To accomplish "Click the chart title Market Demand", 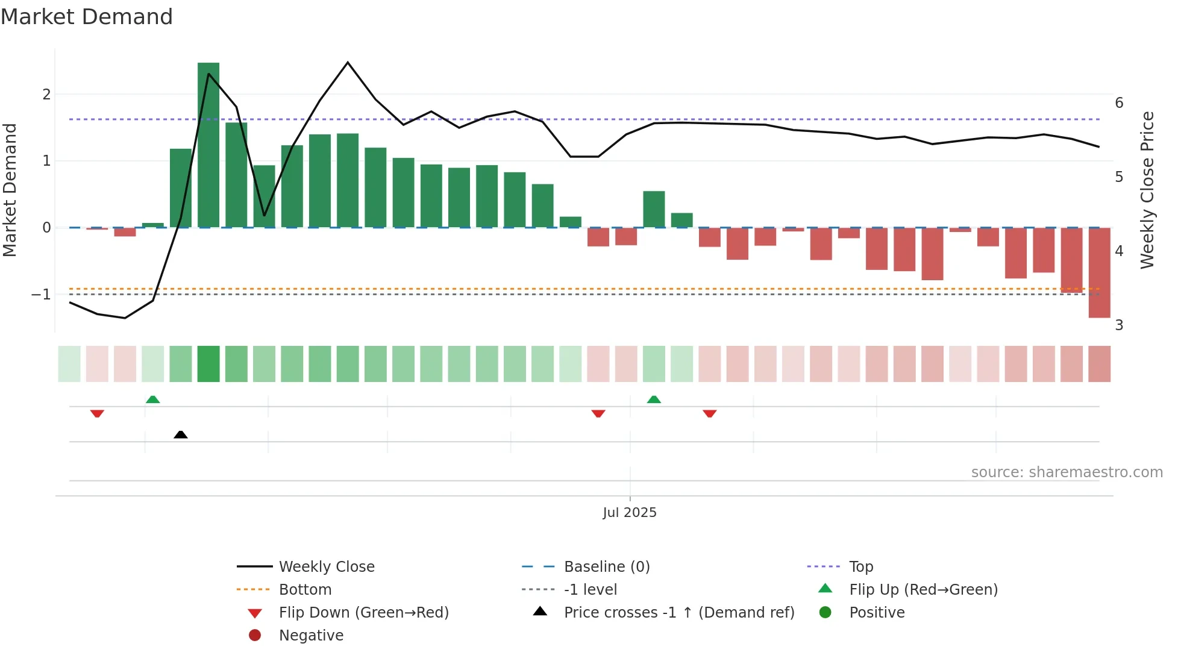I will pos(87,17).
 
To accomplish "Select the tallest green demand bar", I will pos(208,145).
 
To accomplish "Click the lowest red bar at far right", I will pos(1099,272).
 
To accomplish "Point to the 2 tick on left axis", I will pos(46,94).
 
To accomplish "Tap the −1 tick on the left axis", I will pos(42,294).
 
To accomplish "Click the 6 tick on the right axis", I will pos(1119,102).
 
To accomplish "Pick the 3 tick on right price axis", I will pos(1119,325).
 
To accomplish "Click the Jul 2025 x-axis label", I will pos(630,512).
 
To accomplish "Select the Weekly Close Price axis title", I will pos(1147,190).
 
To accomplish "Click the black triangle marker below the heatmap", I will pos(180,434).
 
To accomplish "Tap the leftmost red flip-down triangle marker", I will pos(97,413).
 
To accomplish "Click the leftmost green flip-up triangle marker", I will pos(153,399).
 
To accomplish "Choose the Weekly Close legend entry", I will pos(326,566).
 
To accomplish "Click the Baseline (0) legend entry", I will pos(606,566).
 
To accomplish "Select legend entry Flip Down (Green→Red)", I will pos(363,612).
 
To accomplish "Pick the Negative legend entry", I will pos(311,635).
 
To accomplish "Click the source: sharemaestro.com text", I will pos(1067,472).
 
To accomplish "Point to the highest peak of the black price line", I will pos(348,63).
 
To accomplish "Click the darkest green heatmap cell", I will pos(208,364).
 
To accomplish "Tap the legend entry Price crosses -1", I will pos(678,612).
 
